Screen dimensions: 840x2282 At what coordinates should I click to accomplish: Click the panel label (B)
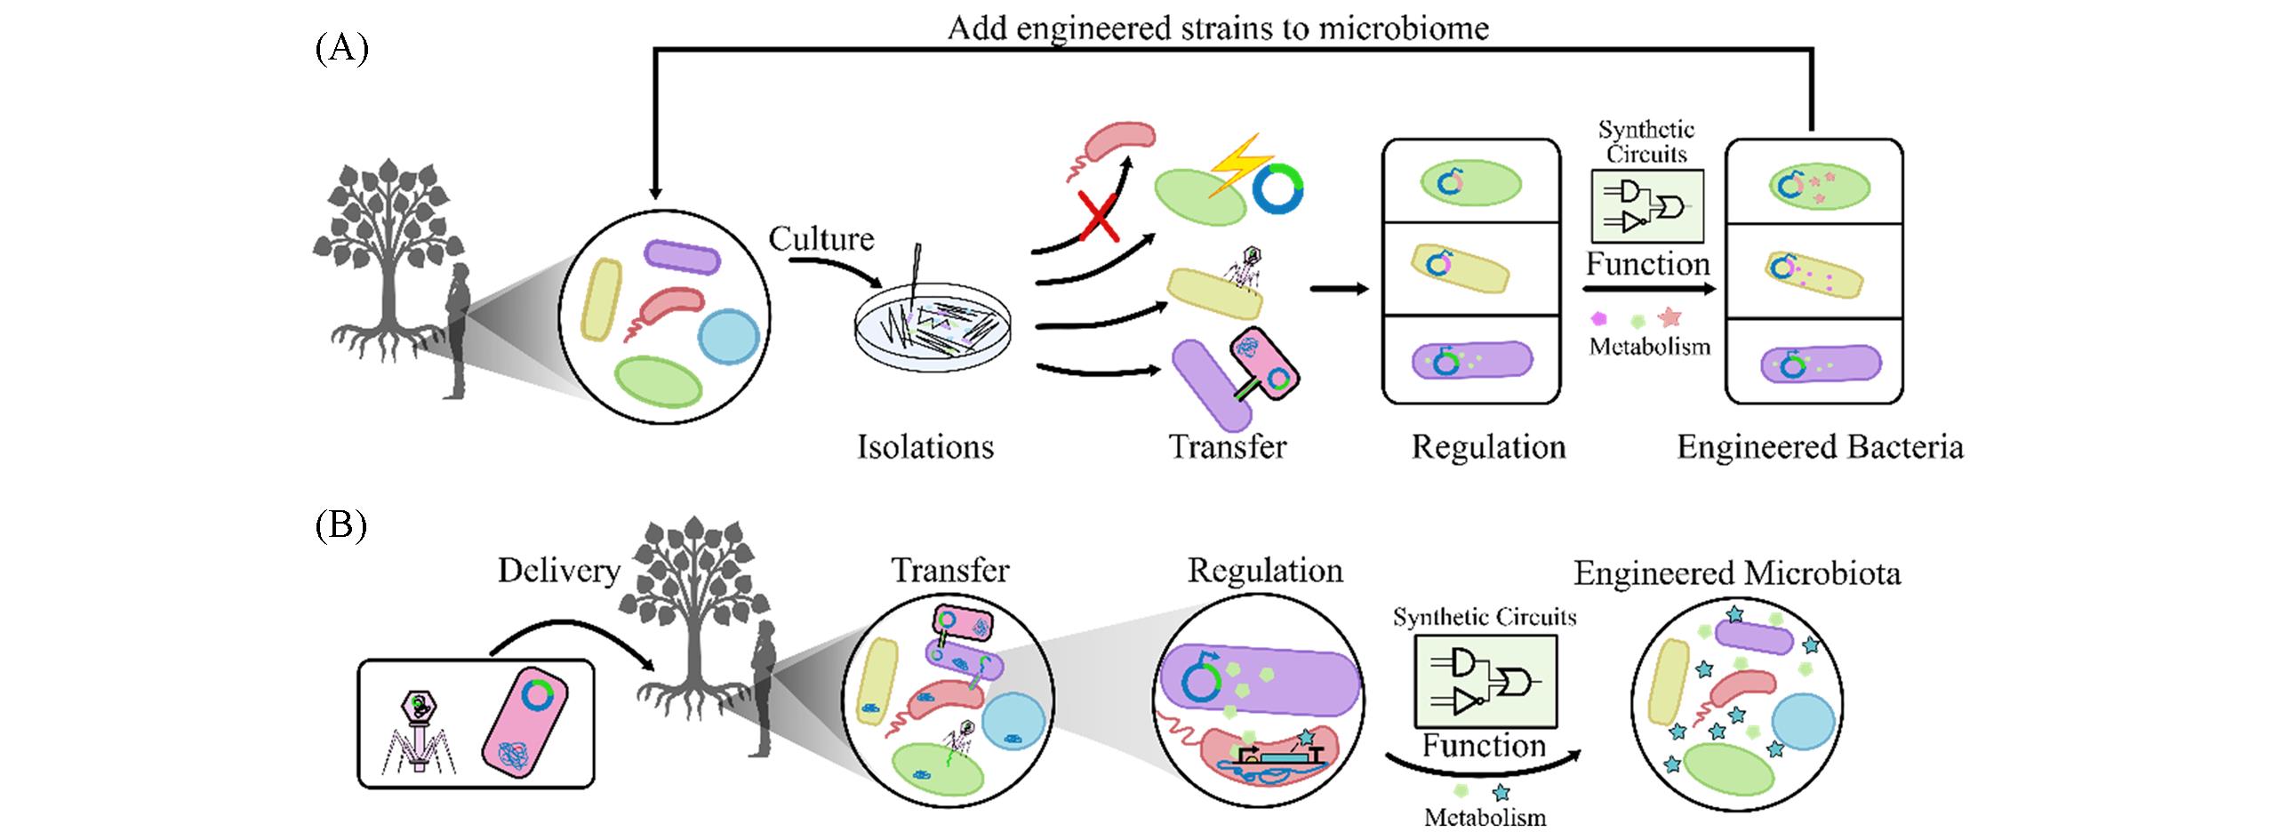(340, 527)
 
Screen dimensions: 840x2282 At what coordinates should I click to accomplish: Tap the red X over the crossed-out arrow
(1100, 215)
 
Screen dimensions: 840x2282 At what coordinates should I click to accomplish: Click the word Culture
(821, 239)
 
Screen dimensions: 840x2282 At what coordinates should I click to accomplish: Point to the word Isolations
(925, 447)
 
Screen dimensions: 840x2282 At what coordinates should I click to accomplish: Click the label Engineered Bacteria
(1819, 447)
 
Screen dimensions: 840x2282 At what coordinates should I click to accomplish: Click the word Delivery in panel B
(558, 571)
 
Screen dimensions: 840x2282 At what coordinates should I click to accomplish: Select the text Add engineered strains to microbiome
(1217, 28)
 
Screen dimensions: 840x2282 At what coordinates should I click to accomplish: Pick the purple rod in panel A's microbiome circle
(681, 257)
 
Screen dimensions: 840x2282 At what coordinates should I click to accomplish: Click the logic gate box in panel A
(1647, 206)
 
